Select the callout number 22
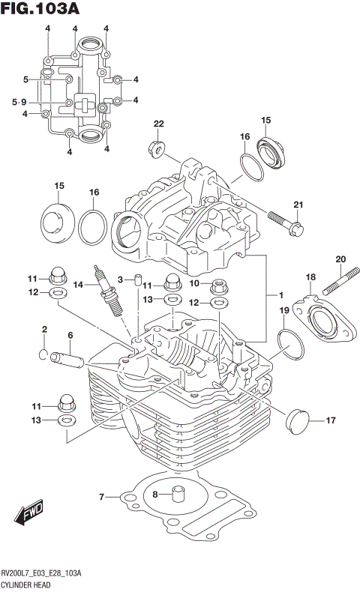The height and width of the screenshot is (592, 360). point(158,124)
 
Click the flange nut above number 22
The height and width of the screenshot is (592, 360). point(158,147)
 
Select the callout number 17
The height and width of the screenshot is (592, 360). point(330,420)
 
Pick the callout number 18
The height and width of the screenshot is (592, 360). point(310,278)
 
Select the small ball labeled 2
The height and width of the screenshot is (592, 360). point(44,354)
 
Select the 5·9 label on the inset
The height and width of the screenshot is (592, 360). point(19,102)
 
